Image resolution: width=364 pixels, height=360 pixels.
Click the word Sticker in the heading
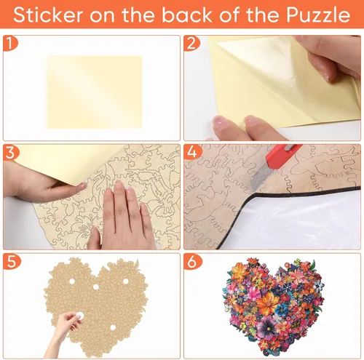click(48, 15)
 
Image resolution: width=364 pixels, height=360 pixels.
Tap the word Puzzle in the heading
click(318, 15)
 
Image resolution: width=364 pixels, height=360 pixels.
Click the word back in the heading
click(187, 15)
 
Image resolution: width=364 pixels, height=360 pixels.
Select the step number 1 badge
click(10, 43)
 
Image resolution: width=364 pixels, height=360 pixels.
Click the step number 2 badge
click(191, 43)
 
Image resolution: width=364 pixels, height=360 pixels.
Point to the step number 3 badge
click(11, 153)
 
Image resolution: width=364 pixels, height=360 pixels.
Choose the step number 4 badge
click(192, 153)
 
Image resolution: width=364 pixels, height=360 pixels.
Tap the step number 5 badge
click(11, 261)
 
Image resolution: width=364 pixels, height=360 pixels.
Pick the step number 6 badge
click(192, 261)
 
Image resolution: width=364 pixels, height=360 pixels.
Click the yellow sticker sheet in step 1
click(94, 92)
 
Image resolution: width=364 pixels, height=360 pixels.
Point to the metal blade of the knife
click(261, 179)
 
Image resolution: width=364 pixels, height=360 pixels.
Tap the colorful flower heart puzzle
click(274, 307)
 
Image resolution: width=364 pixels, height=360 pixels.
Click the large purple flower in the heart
click(267, 328)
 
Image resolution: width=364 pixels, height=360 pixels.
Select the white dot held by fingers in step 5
click(79, 315)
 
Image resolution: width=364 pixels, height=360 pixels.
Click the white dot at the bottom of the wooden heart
click(113, 328)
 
